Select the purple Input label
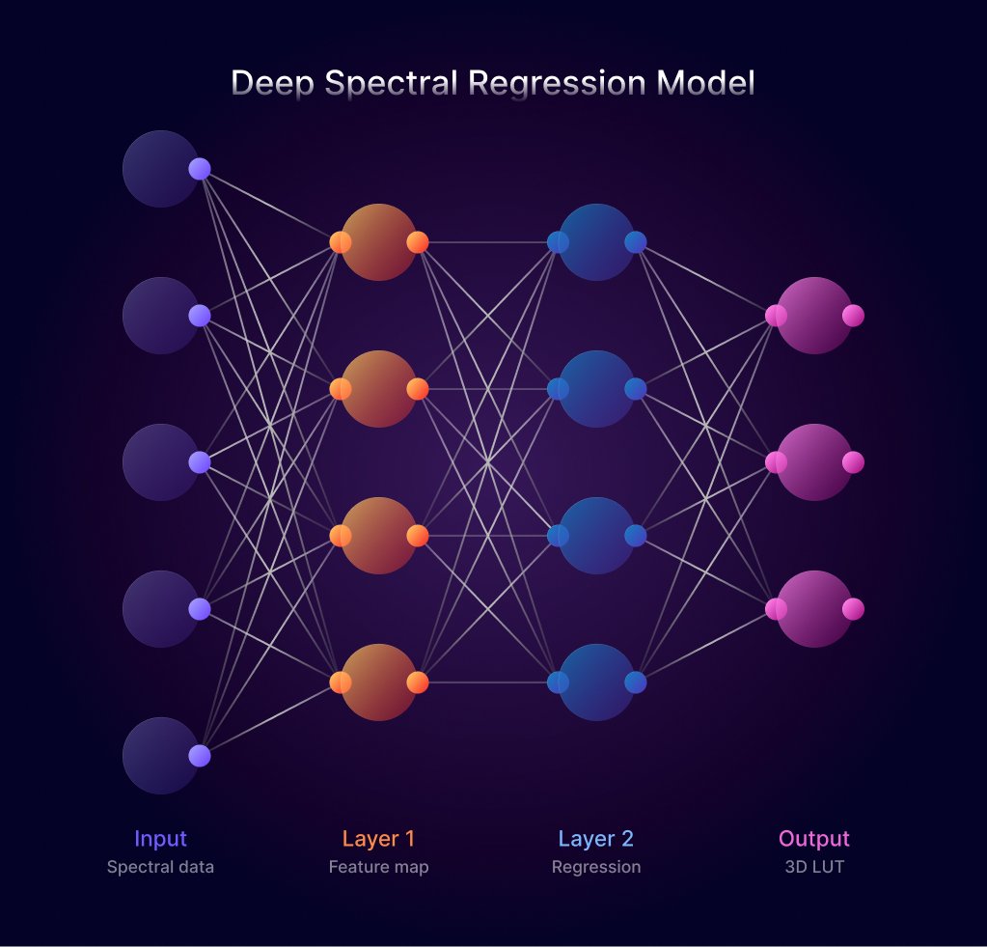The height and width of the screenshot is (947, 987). (160, 838)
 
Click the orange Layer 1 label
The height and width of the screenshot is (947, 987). (378, 838)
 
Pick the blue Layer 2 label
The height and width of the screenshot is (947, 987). (595, 838)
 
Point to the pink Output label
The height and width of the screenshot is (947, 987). (814, 838)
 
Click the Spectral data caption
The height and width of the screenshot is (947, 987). (160, 867)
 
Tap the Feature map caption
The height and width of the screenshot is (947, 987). (378, 867)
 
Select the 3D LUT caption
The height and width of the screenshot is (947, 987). (814, 867)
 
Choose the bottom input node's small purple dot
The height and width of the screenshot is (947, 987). (200, 756)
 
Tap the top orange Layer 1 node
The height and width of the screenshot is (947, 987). (378, 242)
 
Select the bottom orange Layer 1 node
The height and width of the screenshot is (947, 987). (378, 682)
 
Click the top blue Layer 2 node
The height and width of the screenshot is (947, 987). (596, 242)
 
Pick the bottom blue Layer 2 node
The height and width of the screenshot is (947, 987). (596, 682)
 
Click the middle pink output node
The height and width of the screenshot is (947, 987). (814, 462)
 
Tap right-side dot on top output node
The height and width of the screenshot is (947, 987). (853, 316)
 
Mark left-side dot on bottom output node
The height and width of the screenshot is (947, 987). (776, 609)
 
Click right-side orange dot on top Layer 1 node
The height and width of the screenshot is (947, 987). (418, 242)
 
